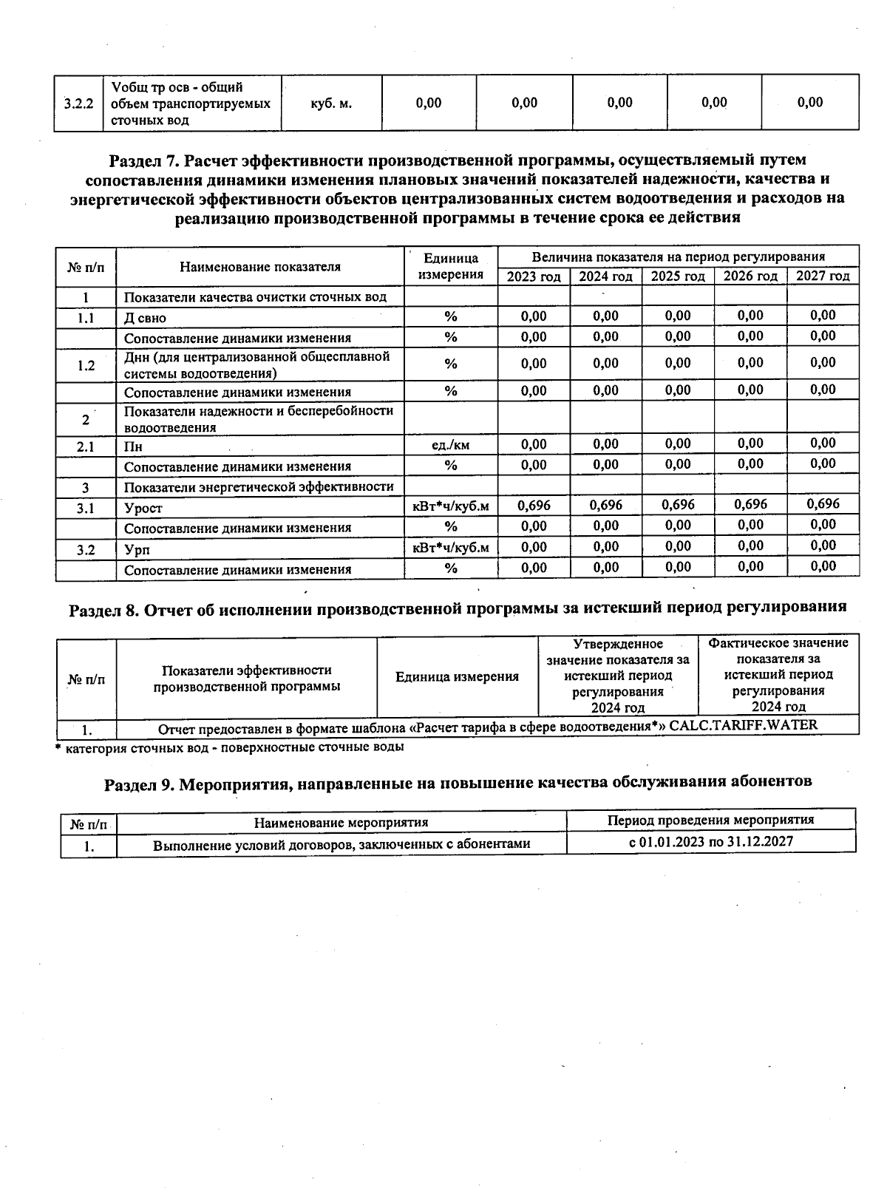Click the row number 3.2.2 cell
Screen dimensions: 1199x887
click(x=78, y=103)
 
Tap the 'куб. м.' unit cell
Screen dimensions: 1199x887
click(x=331, y=103)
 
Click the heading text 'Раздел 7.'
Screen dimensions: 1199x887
click(x=143, y=160)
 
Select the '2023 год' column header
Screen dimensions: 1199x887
click(x=534, y=276)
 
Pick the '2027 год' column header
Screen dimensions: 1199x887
click(x=823, y=276)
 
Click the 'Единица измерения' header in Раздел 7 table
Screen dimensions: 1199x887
click(x=451, y=266)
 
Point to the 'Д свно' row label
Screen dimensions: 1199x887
click(x=145, y=319)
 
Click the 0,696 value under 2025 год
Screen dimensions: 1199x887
click(x=678, y=505)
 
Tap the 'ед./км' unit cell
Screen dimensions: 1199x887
click(x=451, y=445)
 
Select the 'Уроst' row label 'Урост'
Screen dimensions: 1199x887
click(x=143, y=509)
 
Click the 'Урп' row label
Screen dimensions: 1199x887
click(x=137, y=550)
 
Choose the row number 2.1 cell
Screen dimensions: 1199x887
click(x=86, y=446)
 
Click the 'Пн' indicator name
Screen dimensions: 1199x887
click(x=133, y=447)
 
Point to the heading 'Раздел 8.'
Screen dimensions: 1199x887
click(x=103, y=608)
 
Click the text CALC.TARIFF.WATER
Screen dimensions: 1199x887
click(x=743, y=725)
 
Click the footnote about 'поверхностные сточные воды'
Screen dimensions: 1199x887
click(x=231, y=747)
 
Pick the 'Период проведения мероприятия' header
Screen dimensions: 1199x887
click(x=710, y=820)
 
